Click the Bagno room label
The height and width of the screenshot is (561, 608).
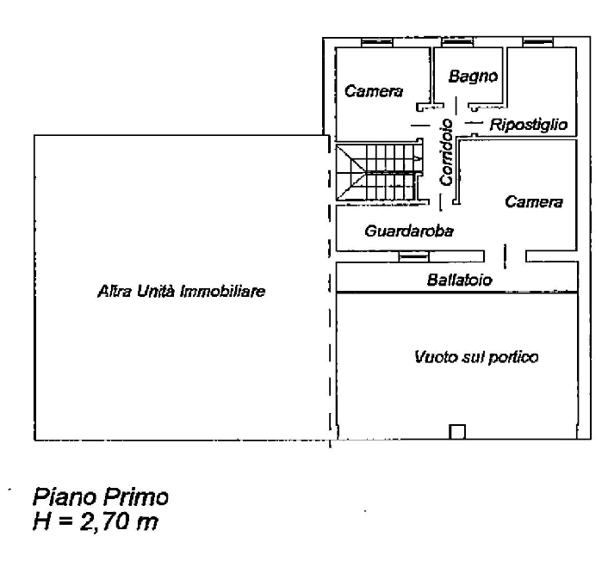click(473, 77)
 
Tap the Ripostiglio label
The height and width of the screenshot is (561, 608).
click(529, 126)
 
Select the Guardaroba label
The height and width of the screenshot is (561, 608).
click(409, 231)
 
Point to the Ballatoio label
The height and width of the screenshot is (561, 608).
click(457, 280)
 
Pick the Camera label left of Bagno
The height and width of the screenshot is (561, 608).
click(373, 93)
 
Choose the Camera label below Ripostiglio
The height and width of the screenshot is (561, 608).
click(534, 202)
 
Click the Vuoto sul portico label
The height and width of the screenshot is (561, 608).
click(475, 355)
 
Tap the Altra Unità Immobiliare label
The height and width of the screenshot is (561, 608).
click(181, 293)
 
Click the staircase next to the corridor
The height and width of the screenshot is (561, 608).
click(383, 172)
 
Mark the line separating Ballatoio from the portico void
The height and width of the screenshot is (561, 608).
click(456, 293)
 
